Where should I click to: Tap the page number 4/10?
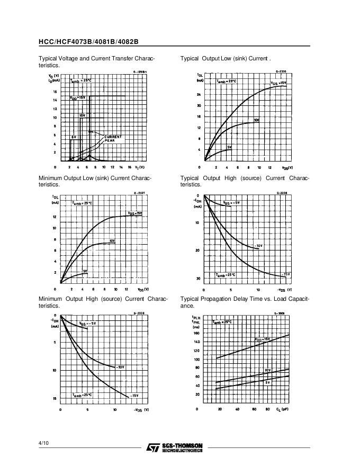point(43,443)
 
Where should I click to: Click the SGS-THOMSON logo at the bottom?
point(174,447)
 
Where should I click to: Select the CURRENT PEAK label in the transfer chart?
point(112,138)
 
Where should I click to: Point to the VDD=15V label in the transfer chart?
point(77,98)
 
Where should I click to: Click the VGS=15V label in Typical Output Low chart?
point(278,83)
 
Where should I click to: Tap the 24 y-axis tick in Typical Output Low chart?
point(199,94)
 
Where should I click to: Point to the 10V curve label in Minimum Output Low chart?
point(112,241)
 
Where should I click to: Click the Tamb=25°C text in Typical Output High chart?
point(226,275)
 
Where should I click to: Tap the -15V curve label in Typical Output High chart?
point(286,274)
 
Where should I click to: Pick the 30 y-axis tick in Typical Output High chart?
point(198,279)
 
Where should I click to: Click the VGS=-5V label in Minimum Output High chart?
point(87,323)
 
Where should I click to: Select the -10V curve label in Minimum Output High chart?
point(120,366)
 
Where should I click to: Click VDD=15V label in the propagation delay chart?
point(262,339)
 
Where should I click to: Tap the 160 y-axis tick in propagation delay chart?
point(197,334)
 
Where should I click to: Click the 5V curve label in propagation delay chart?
point(267,382)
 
